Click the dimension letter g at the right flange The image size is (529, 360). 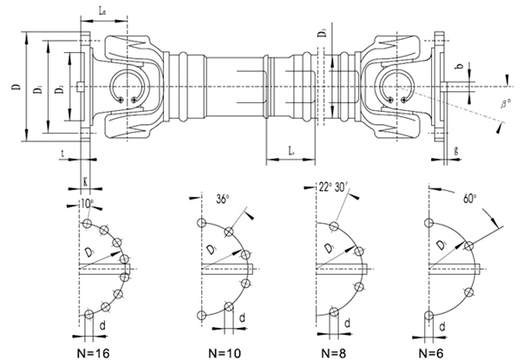pos(456,149)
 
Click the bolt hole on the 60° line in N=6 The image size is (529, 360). pos(469,245)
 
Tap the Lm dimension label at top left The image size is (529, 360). pos(103,13)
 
